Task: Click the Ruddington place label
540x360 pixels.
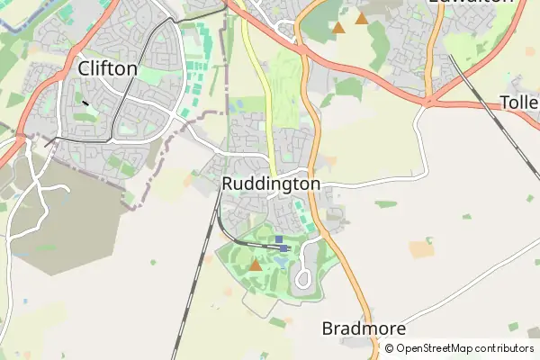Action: [270, 184]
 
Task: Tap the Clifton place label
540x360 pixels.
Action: [108, 68]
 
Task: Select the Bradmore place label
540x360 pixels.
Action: [364, 328]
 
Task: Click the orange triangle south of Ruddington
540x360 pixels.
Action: [256, 265]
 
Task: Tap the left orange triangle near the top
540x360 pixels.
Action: [338, 28]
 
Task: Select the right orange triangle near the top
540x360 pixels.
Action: [362, 18]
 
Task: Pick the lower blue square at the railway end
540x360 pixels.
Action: [283, 247]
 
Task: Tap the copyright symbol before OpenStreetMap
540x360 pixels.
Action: [390, 348]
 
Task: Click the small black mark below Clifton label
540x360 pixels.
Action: [85, 103]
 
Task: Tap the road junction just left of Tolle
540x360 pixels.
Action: [425, 103]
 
